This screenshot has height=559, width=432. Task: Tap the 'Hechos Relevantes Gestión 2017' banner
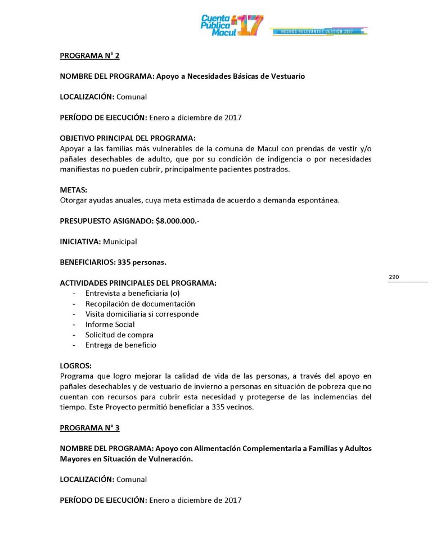tap(319, 31)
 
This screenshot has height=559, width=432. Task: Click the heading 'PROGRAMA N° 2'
tap(90, 56)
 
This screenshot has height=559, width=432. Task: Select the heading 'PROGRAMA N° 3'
tap(90, 428)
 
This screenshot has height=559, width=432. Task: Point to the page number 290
tap(394, 277)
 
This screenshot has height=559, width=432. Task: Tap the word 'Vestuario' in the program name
tap(286, 76)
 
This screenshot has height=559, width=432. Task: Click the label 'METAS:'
tap(74, 190)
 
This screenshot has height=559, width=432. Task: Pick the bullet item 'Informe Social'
tap(110, 324)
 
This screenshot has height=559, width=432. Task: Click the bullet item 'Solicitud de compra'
tap(119, 335)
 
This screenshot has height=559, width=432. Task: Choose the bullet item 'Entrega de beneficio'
tap(121, 345)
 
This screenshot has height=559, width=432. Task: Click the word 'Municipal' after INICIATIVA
tap(120, 241)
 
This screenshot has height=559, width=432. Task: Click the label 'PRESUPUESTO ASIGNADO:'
tap(106, 221)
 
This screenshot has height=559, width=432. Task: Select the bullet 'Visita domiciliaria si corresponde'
tap(142, 314)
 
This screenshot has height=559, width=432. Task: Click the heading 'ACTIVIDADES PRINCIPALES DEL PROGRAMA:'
tap(138, 283)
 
